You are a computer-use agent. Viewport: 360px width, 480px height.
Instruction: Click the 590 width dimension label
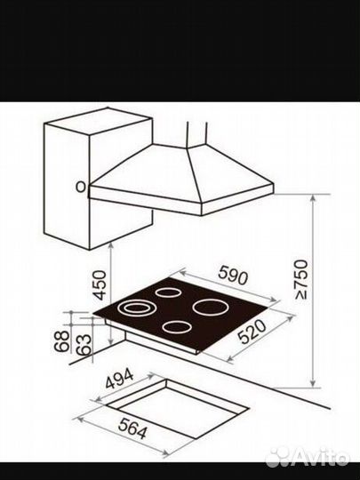click(233, 275)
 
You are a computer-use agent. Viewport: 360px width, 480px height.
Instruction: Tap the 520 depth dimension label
click(252, 332)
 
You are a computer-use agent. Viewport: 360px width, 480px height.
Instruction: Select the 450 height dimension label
click(100, 285)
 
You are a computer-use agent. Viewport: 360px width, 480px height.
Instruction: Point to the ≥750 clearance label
click(301, 279)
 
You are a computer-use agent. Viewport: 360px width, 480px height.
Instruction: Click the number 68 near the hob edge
click(61, 341)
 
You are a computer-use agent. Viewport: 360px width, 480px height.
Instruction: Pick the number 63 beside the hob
click(84, 345)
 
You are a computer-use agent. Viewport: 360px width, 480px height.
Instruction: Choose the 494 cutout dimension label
click(119, 379)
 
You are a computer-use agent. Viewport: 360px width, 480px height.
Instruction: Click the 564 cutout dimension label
click(132, 428)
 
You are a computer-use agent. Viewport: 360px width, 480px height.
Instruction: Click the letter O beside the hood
click(81, 187)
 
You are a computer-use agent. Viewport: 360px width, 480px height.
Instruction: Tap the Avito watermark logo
click(307, 458)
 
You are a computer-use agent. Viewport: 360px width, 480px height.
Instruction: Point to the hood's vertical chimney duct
click(196, 134)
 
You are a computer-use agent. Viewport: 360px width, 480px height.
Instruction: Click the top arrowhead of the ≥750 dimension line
click(313, 197)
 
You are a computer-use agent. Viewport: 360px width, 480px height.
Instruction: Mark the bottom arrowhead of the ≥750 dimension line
click(313, 384)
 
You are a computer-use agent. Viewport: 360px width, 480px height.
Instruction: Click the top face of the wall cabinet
click(99, 120)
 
